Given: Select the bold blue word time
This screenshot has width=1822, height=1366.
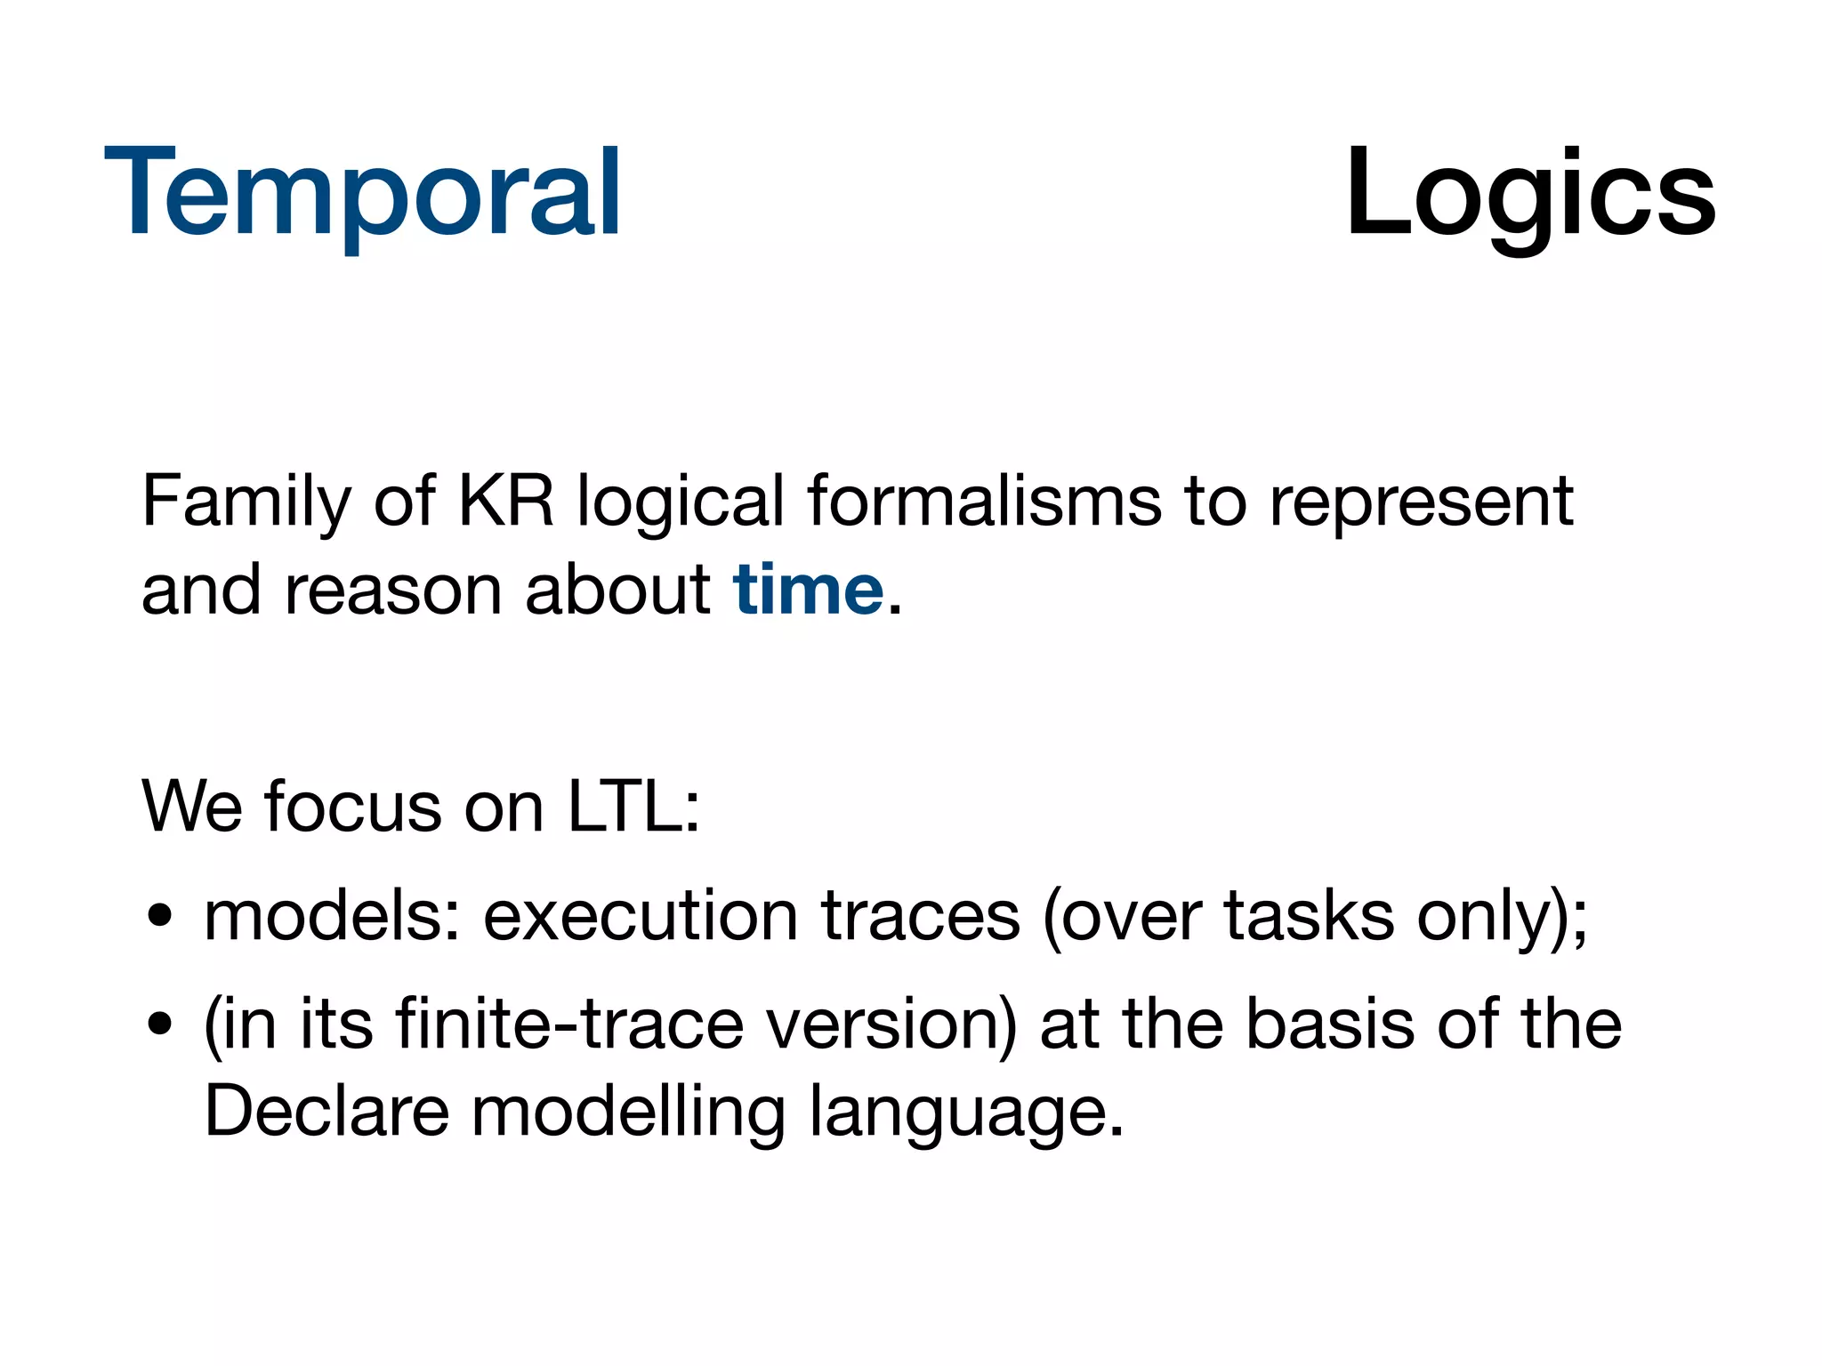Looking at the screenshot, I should point(808,591).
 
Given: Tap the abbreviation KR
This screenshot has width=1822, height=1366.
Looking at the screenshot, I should point(505,502).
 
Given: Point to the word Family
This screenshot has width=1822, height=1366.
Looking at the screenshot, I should point(246,503).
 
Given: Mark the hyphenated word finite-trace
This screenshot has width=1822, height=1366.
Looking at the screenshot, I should point(569,1024).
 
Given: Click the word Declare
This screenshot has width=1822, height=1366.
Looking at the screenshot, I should point(327,1112).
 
